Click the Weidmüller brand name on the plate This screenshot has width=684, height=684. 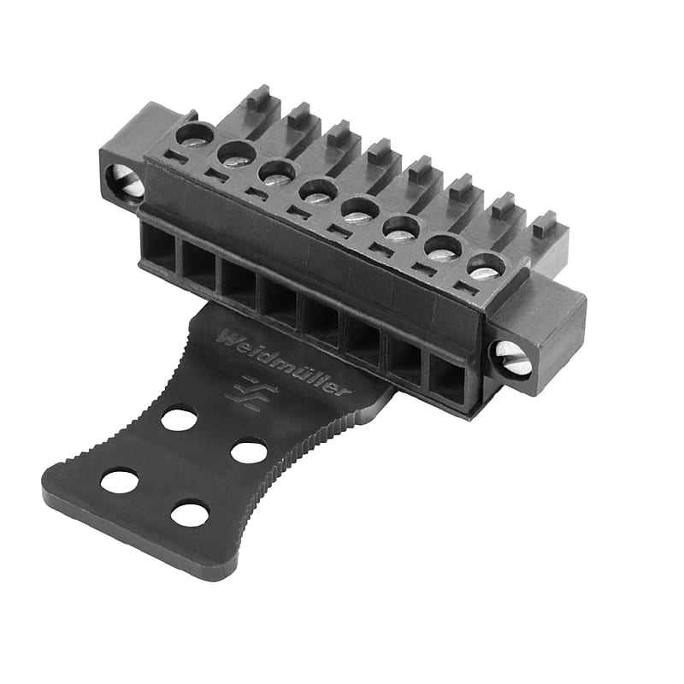click(x=283, y=363)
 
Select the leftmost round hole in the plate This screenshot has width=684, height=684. click(x=120, y=481)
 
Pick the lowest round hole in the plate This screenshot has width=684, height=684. click(x=190, y=513)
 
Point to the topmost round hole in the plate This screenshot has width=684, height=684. click(x=179, y=419)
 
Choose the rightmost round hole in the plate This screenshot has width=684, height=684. click(x=249, y=451)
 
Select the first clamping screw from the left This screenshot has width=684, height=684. click(x=196, y=135)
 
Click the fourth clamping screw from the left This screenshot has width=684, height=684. click(x=318, y=190)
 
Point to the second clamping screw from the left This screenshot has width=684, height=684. click(x=237, y=154)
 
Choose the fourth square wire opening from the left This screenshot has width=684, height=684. click(x=279, y=299)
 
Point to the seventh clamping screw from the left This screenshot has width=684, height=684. click(x=444, y=247)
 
